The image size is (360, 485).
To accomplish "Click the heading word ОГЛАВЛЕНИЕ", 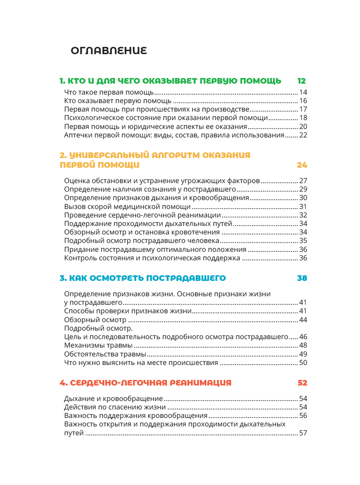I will click(x=109, y=51).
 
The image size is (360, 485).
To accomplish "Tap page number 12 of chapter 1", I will click(x=302, y=80).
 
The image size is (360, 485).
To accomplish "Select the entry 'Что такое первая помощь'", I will click(x=109, y=92).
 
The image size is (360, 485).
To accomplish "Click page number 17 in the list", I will click(x=303, y=110).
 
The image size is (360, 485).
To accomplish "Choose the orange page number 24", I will click(x=302, y=165).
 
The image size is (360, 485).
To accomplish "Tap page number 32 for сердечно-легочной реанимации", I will click(x=303, y=215).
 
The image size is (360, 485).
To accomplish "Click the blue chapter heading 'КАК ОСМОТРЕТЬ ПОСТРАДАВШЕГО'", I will click(x=142, y=278).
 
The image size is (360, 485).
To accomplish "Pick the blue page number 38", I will click(x=302, y=278).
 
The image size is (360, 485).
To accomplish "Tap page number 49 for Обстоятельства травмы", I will click(x=303, y=354).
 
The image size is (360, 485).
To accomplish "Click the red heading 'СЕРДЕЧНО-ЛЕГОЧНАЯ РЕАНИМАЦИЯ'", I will click(x=145, y=383).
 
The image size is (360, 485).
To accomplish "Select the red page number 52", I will click(x=302, y=383).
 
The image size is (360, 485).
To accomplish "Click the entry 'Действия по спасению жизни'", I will click(x=115, y=407).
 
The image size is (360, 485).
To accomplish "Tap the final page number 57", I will click(x=303, y=433).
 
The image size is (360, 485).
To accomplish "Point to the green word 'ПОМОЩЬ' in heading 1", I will click(x=261, y=80).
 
